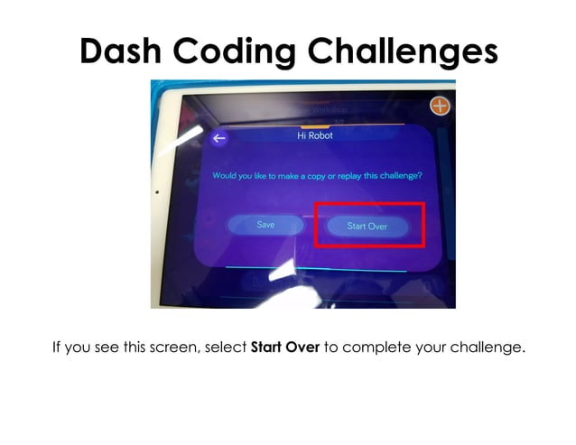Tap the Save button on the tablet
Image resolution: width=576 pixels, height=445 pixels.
pyautogui.click(x=265, y=225)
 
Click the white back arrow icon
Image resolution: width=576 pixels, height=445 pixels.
pyautogui.click(x=219, y=139)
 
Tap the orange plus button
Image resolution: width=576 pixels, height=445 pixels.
pyautogui.click(x=440, y=107)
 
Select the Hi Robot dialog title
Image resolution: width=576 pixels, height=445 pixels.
pyautogui.click(x=315, y=135)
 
